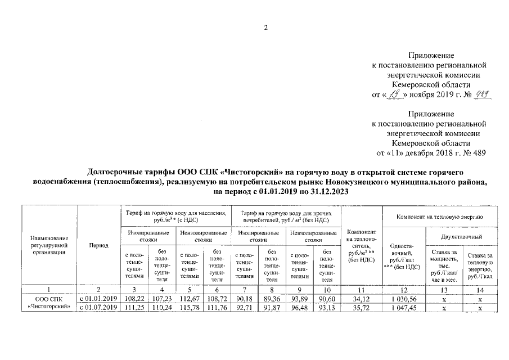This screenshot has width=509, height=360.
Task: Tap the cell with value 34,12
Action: [359, 298]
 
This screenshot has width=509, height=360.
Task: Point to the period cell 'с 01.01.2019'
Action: [98, 298]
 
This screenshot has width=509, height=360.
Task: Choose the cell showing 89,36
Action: [272, 298]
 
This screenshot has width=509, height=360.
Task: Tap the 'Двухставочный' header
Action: [462, 237]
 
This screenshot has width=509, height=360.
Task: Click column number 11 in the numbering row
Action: [359, 289]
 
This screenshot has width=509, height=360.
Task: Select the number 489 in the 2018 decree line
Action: [478, 152]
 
